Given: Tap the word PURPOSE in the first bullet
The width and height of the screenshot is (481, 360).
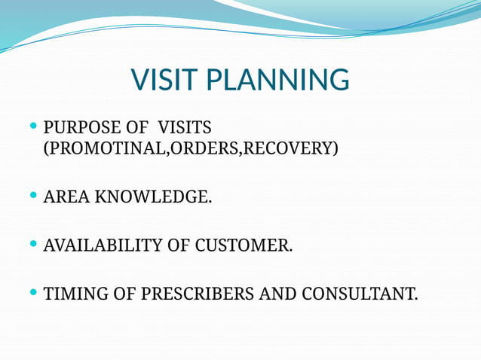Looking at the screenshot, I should click(x=79, y=126).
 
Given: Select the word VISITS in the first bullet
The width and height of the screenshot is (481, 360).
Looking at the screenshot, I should click(x=186, y=126).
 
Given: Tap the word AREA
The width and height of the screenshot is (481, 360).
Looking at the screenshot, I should click(x=65, y=197).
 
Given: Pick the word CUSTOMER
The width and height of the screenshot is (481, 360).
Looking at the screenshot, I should click(x=244, y=246).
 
